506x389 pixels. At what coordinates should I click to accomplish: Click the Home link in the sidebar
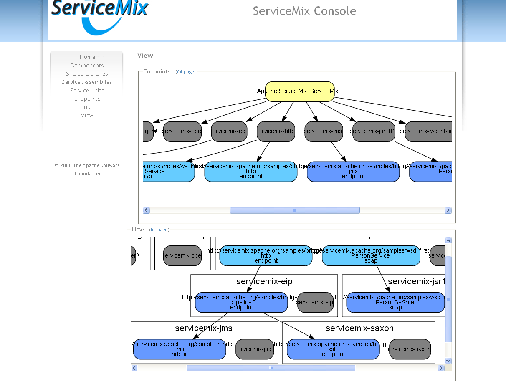87,57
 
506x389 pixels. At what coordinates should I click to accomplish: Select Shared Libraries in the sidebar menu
87,74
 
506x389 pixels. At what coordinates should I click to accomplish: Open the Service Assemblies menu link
87,82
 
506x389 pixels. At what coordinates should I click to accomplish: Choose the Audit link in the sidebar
87,107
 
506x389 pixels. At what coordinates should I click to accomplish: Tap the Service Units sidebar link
87,91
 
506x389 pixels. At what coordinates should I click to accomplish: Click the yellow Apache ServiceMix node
300,91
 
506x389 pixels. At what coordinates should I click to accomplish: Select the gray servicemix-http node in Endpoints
276,131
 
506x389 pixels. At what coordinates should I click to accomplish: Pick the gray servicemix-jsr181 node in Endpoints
373,131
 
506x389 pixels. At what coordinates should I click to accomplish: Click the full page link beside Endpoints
185,72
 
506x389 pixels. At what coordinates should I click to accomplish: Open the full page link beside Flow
159,230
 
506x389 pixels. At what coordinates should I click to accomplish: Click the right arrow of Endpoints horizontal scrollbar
448,210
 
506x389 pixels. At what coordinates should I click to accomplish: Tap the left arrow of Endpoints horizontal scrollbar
146,210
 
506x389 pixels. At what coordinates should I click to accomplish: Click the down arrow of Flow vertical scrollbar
448,361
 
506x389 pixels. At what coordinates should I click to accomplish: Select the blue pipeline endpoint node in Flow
241,303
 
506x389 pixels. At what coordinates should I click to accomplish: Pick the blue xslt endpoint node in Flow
333,349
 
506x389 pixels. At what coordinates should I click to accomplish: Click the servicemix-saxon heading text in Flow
359,328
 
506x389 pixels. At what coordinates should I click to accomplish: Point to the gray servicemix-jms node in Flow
254,349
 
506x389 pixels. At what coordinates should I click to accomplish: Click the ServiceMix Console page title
304,11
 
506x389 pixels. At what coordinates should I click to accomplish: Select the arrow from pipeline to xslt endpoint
288,325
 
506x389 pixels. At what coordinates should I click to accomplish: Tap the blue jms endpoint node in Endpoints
353,172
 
